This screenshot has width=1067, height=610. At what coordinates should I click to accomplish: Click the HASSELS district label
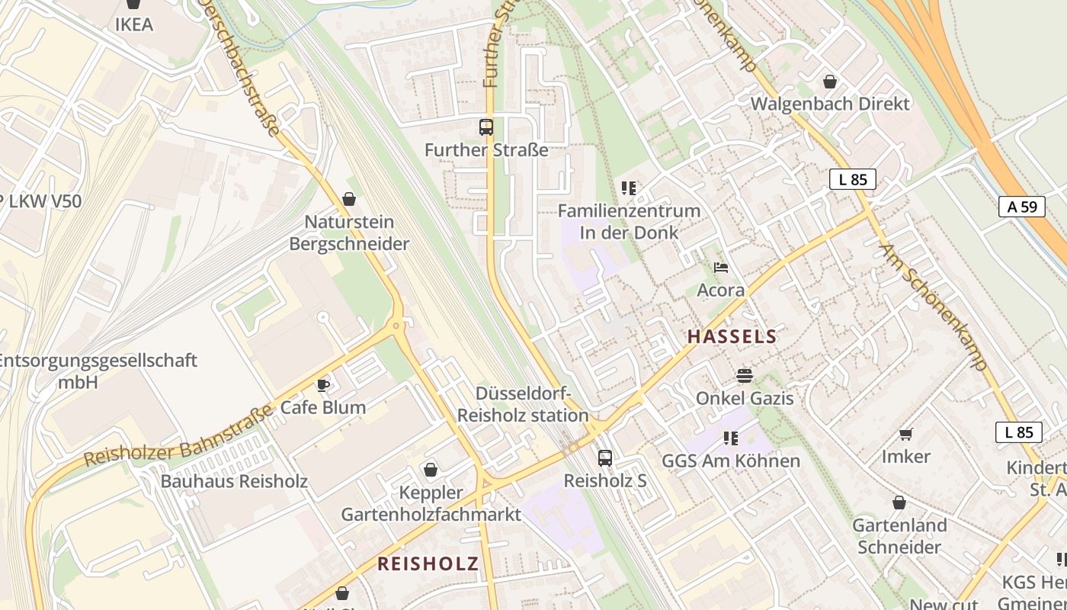[x=732, y=336]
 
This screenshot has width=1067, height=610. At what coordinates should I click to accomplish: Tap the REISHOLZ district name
[x=428, y=563]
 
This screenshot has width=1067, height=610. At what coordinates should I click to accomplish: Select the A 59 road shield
[x=1021, y=206]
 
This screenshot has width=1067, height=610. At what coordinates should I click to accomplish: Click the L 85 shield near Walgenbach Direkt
[x=852, y=180]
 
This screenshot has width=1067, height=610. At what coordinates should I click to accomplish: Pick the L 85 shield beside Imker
[x=1018, y=432]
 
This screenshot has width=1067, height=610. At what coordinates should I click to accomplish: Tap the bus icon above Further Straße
[x=486, y=127]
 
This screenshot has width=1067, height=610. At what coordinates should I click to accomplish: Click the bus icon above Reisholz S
[x=604, y=457]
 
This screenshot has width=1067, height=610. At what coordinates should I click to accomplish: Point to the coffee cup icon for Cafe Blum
[x=323, y=384]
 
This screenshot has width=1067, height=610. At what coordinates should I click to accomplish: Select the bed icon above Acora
[x=721, y=267]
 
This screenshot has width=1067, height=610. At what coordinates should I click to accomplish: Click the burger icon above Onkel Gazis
[x=744, y=375]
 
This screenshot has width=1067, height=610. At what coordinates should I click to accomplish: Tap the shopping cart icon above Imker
[x=905, y=434]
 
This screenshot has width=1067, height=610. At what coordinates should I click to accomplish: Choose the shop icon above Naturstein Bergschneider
[x=349, y=199]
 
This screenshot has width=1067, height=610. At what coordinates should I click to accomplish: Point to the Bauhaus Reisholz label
[x=233, y=481]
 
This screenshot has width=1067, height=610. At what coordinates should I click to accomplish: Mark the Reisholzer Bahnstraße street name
[x=178, y=436]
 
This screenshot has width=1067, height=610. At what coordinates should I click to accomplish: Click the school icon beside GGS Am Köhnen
[x=731, y=438]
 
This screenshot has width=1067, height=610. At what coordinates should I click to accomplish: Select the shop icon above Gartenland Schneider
[x=899, y=502]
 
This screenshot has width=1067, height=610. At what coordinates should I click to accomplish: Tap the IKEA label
[x=134, y=24]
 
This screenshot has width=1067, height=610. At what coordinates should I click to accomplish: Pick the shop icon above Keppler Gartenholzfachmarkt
[x=431, y=470]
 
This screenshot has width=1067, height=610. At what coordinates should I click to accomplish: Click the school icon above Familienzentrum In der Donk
[x=628, y=188]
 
